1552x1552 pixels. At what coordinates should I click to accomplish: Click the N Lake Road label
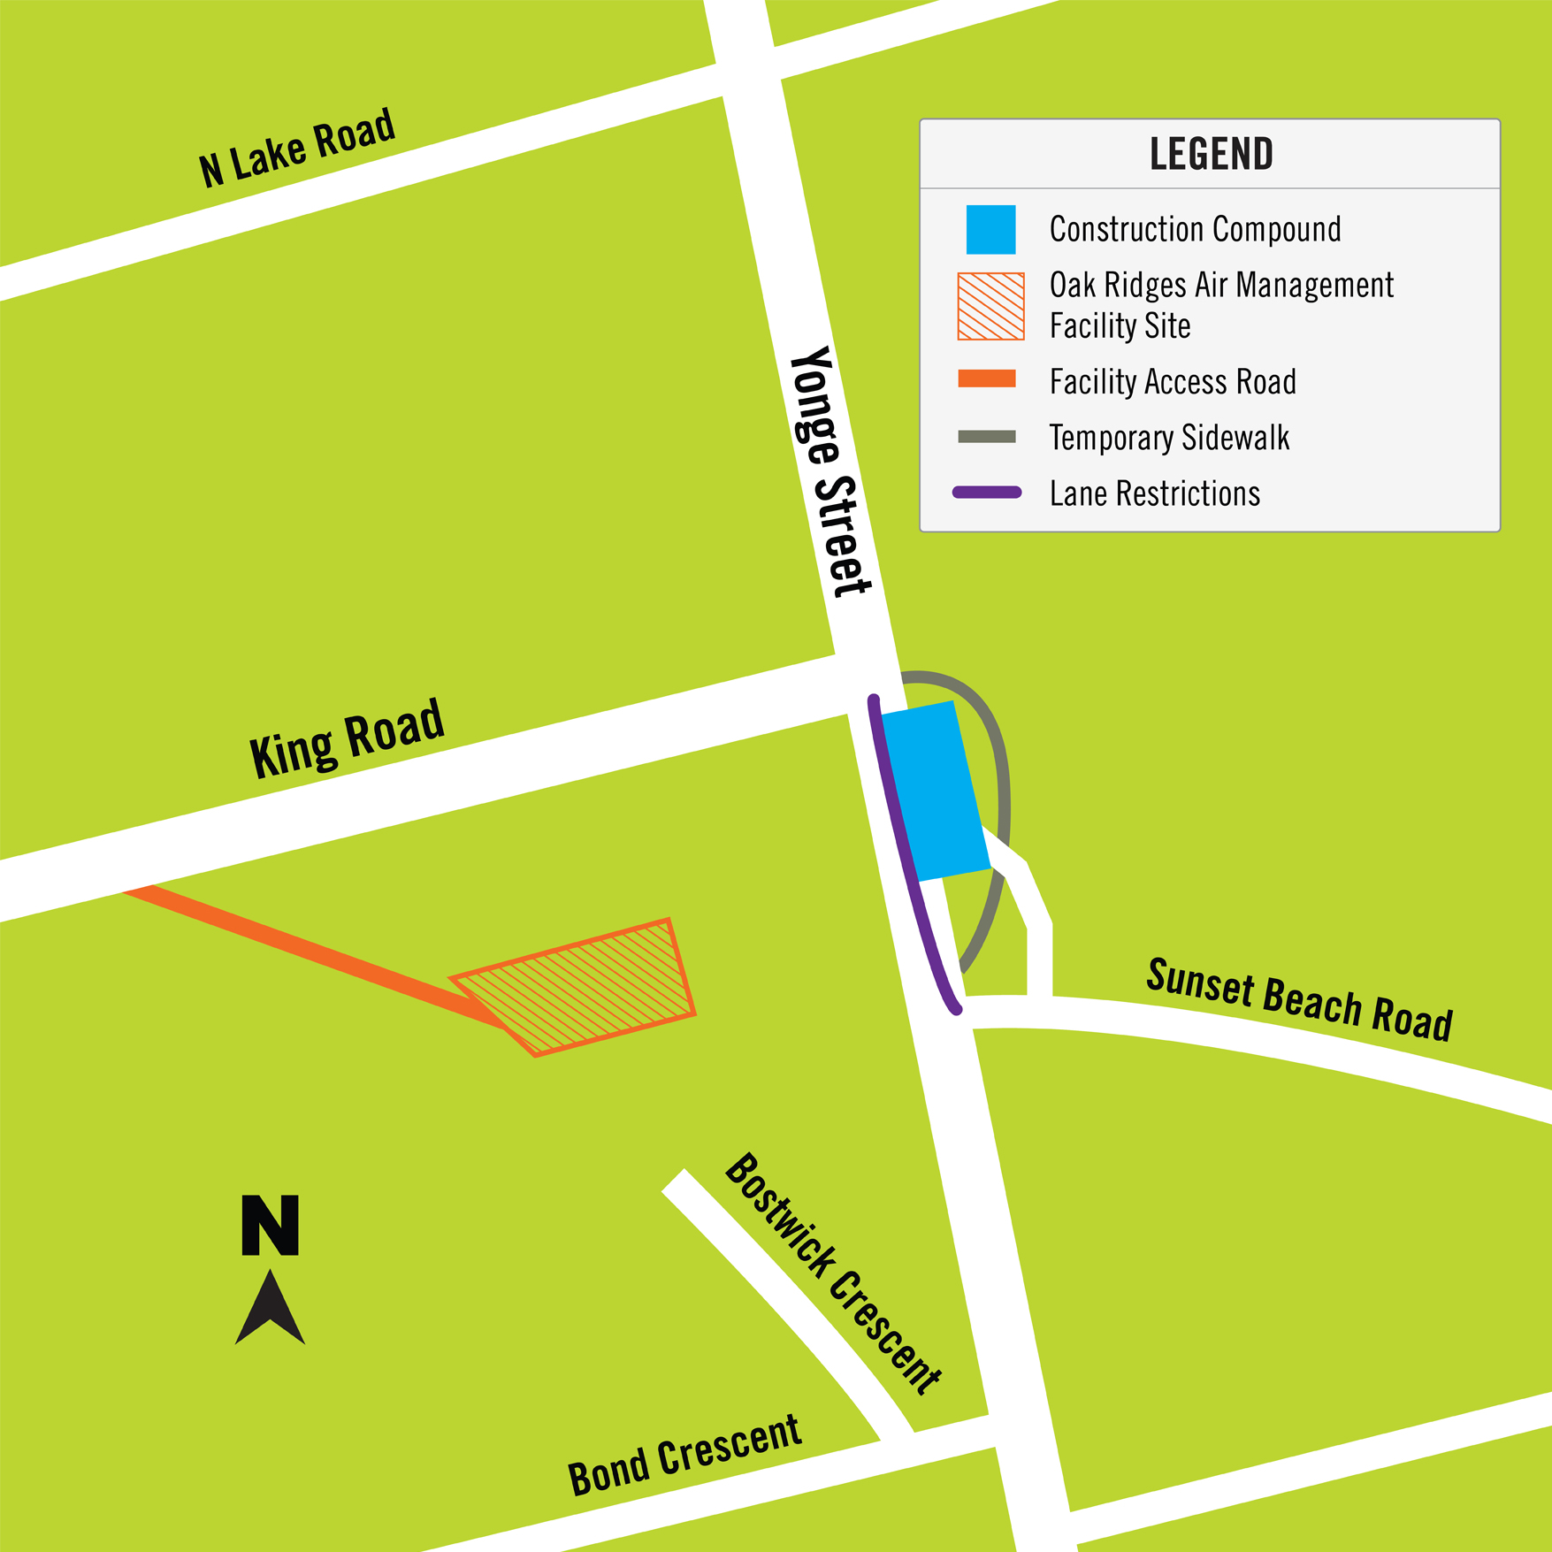click(x=296, y=148)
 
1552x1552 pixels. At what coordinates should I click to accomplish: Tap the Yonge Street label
click(x=830, y=471)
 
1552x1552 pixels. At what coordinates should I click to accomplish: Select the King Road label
click(x=346, y=738)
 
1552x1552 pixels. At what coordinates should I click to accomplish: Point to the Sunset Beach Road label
click(x=1299, y=1000)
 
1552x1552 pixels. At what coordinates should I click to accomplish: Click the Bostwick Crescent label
click(x=832, y=1274)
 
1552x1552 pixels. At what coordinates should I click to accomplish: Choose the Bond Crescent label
click(x=684, y=1455)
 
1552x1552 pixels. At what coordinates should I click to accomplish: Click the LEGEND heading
click(x=1211, y=154)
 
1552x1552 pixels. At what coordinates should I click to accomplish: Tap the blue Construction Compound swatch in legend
click(x=990, y=230)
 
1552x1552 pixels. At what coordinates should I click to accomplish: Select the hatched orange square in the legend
click(x=990, y=306)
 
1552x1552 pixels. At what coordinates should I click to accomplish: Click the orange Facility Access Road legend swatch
click(x=987, y=379)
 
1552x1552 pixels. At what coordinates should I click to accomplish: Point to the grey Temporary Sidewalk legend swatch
click(x=987, y=437)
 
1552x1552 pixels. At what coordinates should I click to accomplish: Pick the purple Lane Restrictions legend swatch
click(x=987, y=493)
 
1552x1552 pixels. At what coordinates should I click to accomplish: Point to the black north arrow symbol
click(x=270, y=1308)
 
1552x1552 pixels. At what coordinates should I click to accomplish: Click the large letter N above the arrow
click(x=270, y=1226)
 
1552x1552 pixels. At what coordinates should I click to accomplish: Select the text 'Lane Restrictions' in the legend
click(x=1154, y=493)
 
